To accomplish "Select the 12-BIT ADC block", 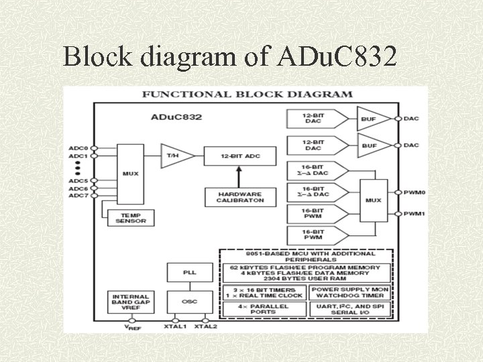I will pyautogui.click(x=231, y=156).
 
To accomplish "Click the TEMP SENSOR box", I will pyautogui.click(x=130, y=217).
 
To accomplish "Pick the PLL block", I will pyautogui.click(x=190, y=272).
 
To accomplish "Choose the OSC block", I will pyautogui.click(x=190, y=301).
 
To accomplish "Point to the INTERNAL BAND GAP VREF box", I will pyautogui.click(x=130, y=301).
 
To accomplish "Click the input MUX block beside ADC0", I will pyautogui.click(x=130, y=173).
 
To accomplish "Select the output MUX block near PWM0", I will pyautogui.click(x=373, y=200).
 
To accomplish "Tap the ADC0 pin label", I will pyautogui.click(x=78, y=147).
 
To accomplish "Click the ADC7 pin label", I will pyautogui.click(x=78, y=196).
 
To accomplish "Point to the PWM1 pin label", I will pyautogui.click(x=415, y=214).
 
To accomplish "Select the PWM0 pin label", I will pyautogui.click(x=415, y=192).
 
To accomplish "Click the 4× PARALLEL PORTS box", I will pyautogui.click(x=264, y=309).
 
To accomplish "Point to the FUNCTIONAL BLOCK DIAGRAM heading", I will pyautogui.click(x=247, y=95).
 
